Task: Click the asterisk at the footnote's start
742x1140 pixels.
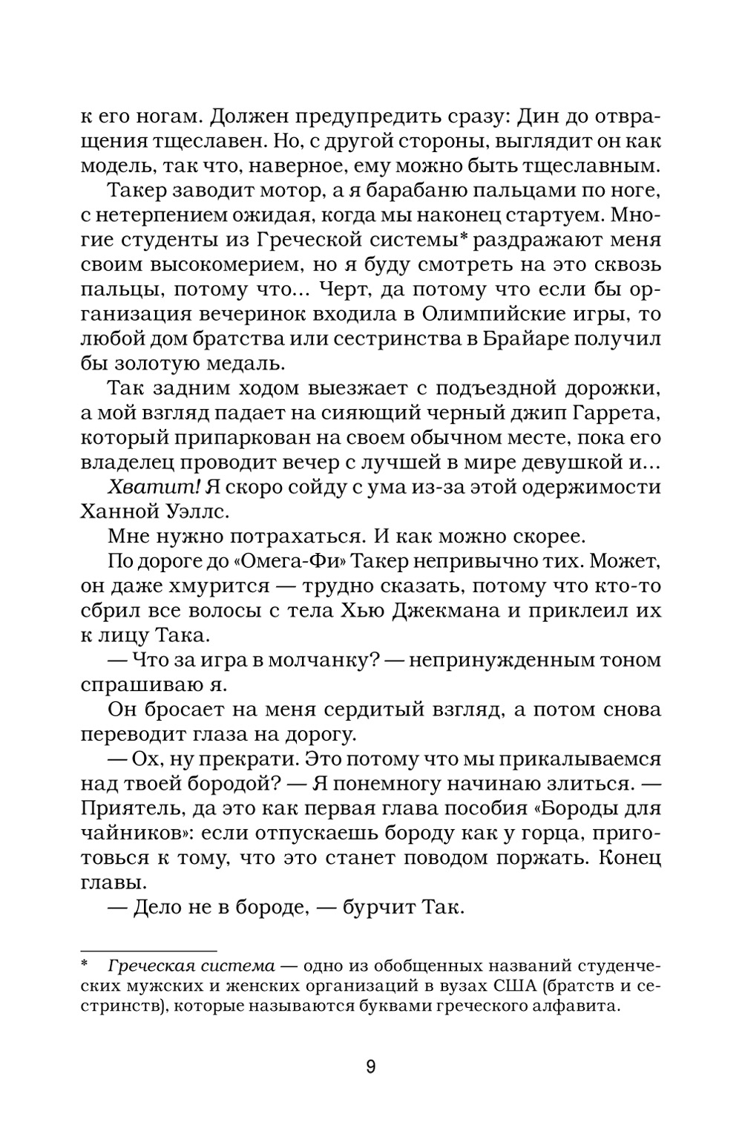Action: (x=84, y=966)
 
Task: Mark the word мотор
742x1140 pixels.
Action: (x=280, y=191)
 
